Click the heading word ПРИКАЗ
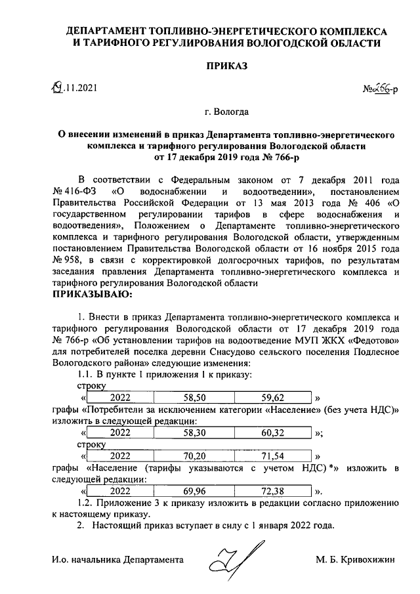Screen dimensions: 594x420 pos(226,66)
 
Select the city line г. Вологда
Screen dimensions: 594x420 pos(226,112)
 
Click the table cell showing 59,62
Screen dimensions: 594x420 pos(272,398)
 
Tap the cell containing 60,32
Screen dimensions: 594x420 pos(272,433)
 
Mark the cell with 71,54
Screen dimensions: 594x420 pos(272,456)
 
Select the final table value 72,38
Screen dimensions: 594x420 pos(272,490)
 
